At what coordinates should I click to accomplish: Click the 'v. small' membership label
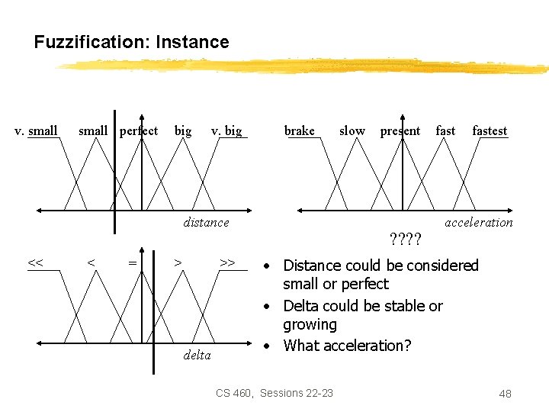point(36,130)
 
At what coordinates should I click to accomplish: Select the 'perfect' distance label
point(139,130)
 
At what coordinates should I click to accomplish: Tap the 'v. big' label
point(226,130)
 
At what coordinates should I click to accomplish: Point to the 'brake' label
point(299,130)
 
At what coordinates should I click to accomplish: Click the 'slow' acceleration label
point(352,130)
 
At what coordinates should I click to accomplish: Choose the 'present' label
point(400,130)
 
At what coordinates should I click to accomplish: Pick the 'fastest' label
point(490,130)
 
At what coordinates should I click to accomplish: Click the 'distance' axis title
point(206,222)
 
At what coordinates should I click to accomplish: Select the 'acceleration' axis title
point(479,222)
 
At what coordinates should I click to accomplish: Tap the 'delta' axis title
point(197,355)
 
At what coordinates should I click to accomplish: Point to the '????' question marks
point(405,240)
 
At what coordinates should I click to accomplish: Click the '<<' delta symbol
point(35,263)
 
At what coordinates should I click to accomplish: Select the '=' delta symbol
point(133,263)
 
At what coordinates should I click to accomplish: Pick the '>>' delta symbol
point(226,263)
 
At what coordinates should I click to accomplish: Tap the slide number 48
point(505,394)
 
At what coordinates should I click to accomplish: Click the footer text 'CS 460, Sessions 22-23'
point(274,393)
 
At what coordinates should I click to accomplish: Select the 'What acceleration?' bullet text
point(347,346)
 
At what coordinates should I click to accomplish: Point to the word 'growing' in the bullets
point(310,325)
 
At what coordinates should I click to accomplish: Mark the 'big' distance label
point(183,130)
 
